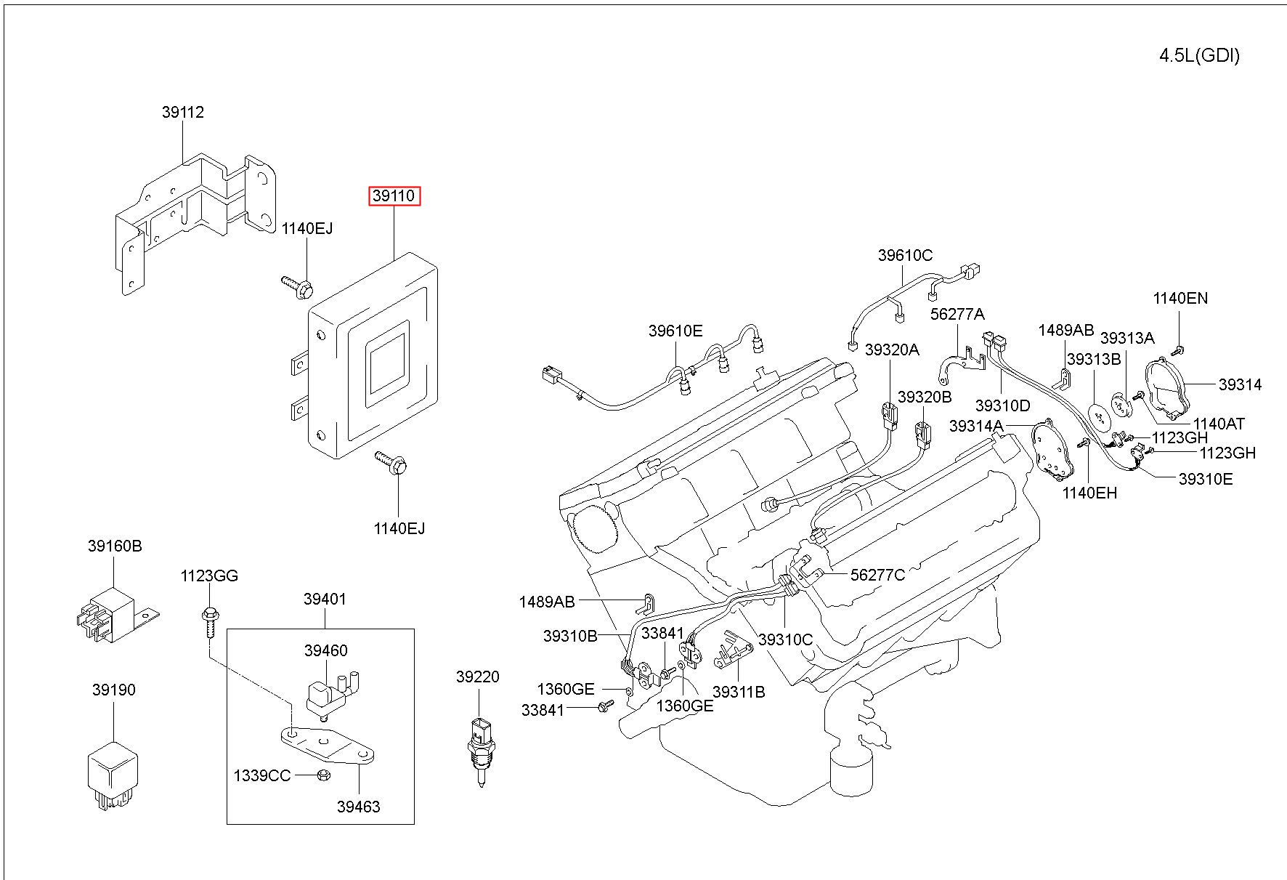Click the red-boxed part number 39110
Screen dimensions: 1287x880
[394, 196]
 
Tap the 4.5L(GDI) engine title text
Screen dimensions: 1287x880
[1199, 56]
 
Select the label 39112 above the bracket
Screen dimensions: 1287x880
[183, 112]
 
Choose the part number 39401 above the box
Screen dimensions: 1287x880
[325, 600]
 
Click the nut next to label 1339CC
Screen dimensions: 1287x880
[325, 776]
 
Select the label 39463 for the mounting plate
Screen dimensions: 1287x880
[358, 807]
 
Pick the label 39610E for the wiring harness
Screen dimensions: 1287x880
[675, 331]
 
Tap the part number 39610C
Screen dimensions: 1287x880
[905, 255]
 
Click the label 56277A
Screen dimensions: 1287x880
[957, 314]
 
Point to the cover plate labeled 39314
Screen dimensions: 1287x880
[1165, 389]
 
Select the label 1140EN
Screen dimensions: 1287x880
[1180, 298]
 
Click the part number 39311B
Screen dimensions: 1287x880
[739, 692]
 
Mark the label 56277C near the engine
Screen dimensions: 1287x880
[877, 575]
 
